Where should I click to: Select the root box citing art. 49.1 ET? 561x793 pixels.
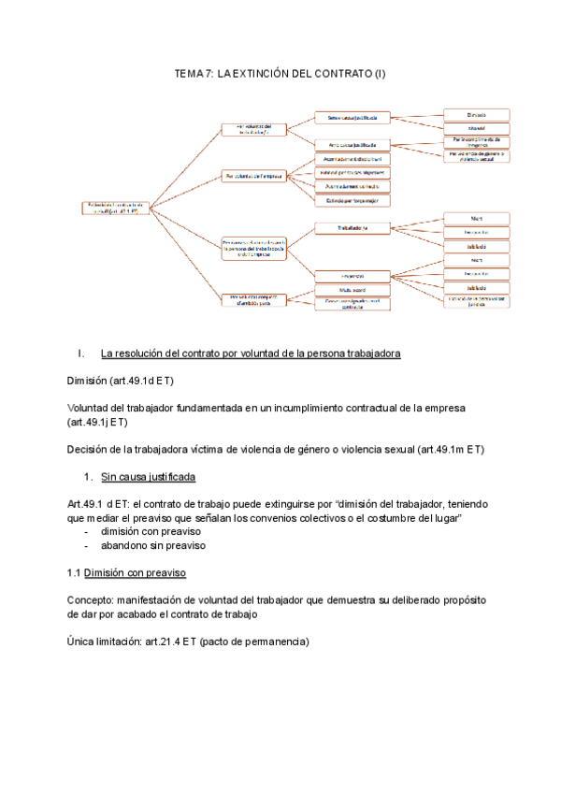(x=115, y=208)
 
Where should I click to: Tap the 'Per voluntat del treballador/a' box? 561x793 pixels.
(x=253, y=129)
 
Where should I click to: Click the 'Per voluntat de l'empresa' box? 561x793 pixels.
(x=253, y=175)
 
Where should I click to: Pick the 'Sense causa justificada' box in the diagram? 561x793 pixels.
(x=352, y=118)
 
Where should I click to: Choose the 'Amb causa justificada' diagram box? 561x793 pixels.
(x=352, y=145)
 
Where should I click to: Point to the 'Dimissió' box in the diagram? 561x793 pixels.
(x=477, y=114)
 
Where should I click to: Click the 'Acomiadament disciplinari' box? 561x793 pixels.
(x=352, y=160)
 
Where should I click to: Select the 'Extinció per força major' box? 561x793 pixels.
(x=352, y=200)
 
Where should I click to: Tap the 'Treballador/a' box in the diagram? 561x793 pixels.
(x=352, y=227)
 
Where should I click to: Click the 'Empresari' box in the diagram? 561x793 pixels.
(x=352, y=276)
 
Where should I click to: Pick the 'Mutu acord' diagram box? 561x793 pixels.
(x=352, y=290)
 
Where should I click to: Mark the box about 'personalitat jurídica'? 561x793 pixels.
(x=477, y=301)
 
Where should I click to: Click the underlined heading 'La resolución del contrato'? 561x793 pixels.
(x=251, y=354)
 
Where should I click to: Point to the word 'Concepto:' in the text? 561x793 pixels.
(x=94, y=598)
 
